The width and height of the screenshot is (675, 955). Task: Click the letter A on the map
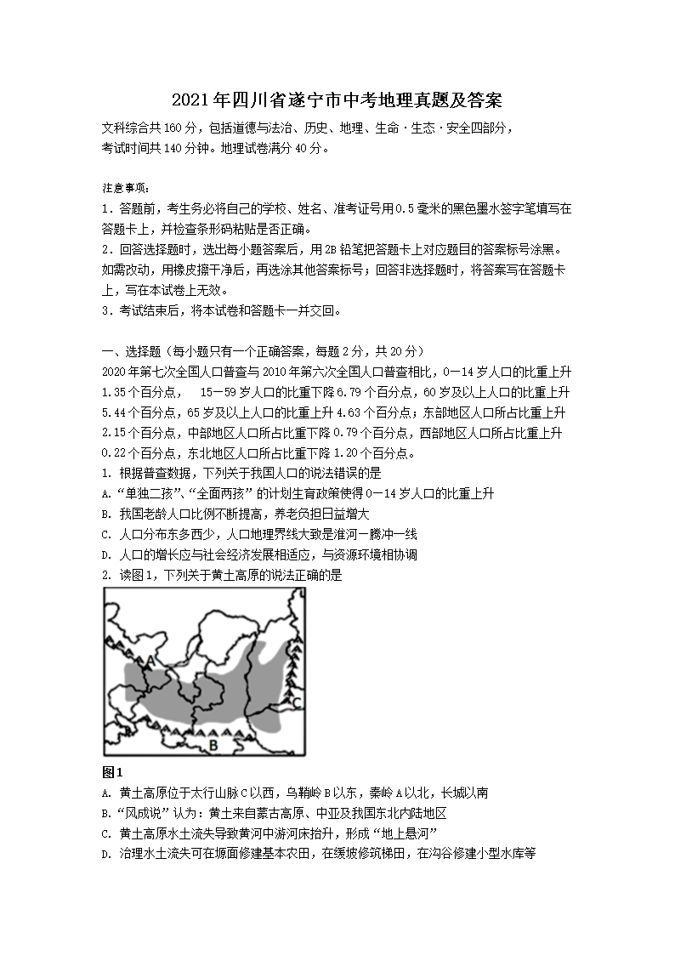[150, 659]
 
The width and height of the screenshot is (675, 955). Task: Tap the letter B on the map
[213, 745]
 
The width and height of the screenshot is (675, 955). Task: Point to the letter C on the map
[296, 702]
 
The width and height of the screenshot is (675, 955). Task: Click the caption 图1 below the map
[112, 772]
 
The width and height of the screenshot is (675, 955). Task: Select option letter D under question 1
[105, 555]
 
